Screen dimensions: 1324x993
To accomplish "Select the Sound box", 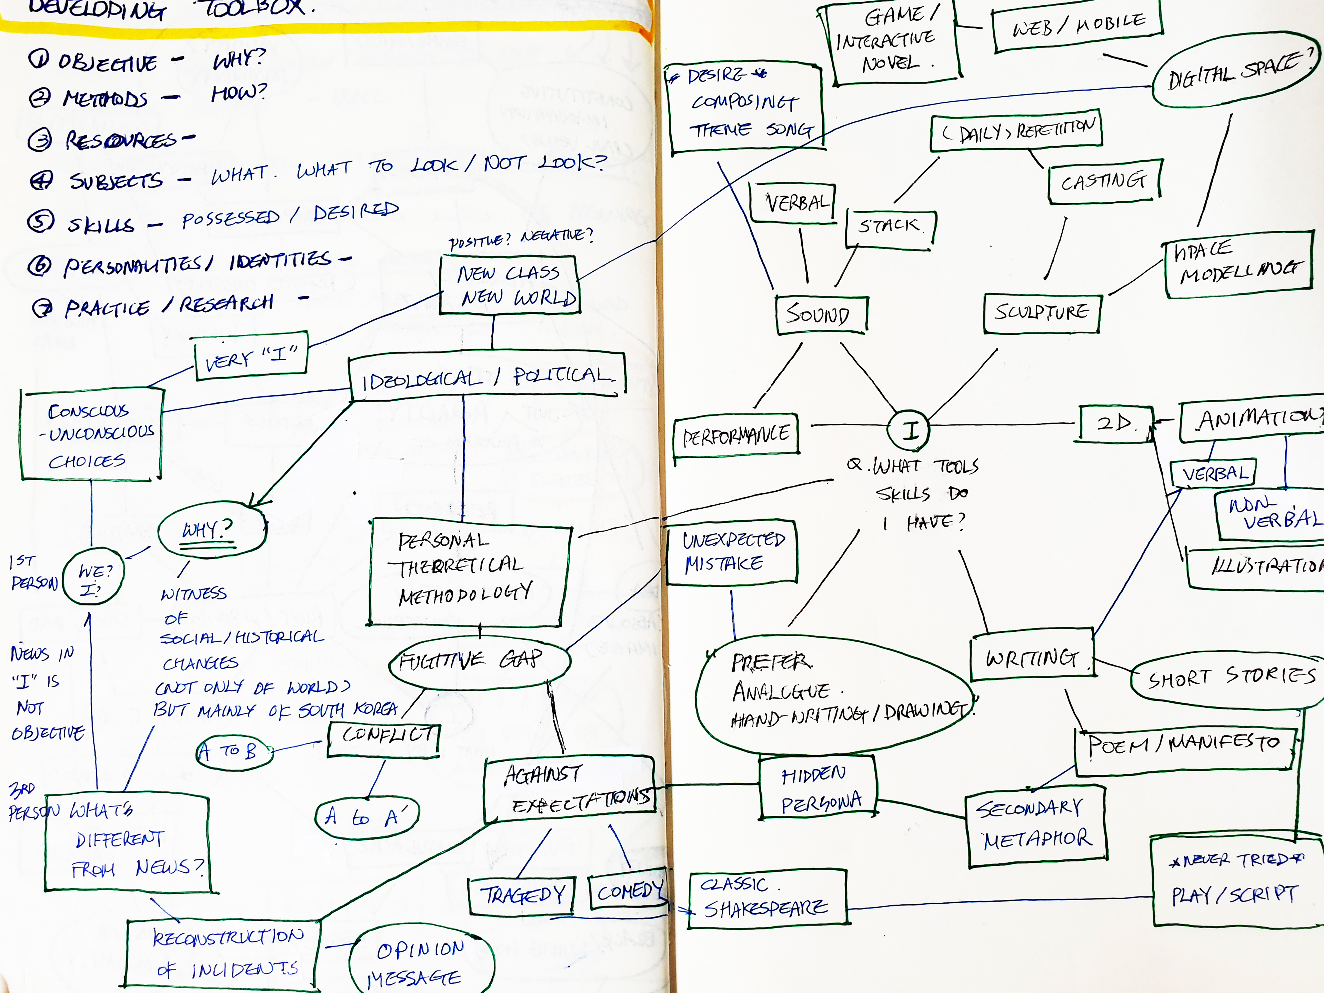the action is point(820,314).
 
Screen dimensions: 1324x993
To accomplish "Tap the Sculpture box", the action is point(1042,312).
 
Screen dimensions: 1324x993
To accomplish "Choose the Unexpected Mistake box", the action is point(731,552).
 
